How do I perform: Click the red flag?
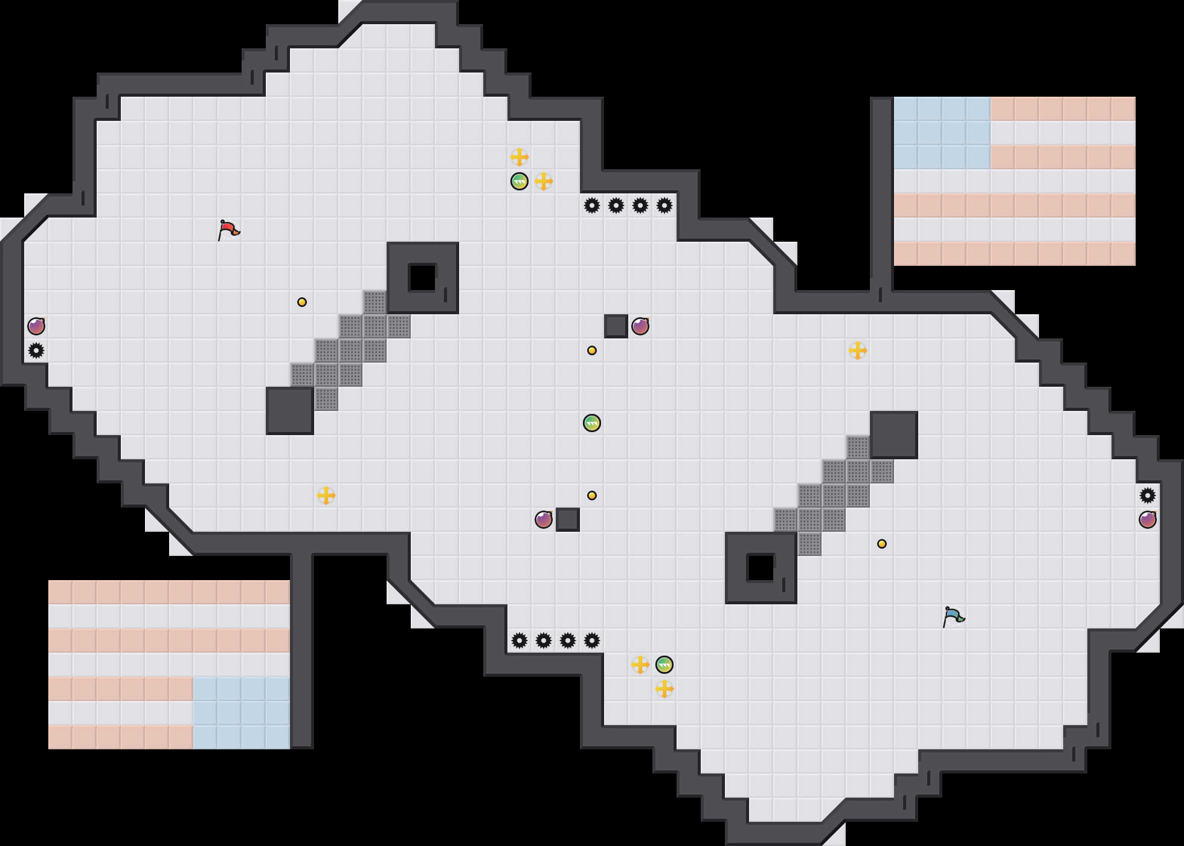(228, 230)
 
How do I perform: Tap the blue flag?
(953, 616)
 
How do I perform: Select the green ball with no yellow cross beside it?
(592, 423)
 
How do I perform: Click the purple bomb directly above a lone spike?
(36, 326)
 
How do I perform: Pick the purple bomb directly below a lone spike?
(1148, 520)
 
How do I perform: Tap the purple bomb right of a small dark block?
(640, 326)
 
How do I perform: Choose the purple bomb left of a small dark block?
(544, 520)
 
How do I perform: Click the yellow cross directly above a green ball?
(520, 157)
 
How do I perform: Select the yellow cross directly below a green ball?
(664, 689)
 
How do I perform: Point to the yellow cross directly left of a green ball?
(640, 665)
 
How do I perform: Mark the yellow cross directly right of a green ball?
(544, 181)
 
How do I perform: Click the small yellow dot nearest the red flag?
(302, 302)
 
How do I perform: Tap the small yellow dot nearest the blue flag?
(882, 544)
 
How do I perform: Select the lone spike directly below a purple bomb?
(36, 350)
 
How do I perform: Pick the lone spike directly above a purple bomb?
(1148, 496)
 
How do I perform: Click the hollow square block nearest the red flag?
(423, 278)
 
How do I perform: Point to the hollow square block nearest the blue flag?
(761, 568)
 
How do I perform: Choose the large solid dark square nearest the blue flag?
(894, 435)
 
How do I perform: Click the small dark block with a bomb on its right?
(616, 326)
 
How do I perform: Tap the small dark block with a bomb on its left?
(568, 520)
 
